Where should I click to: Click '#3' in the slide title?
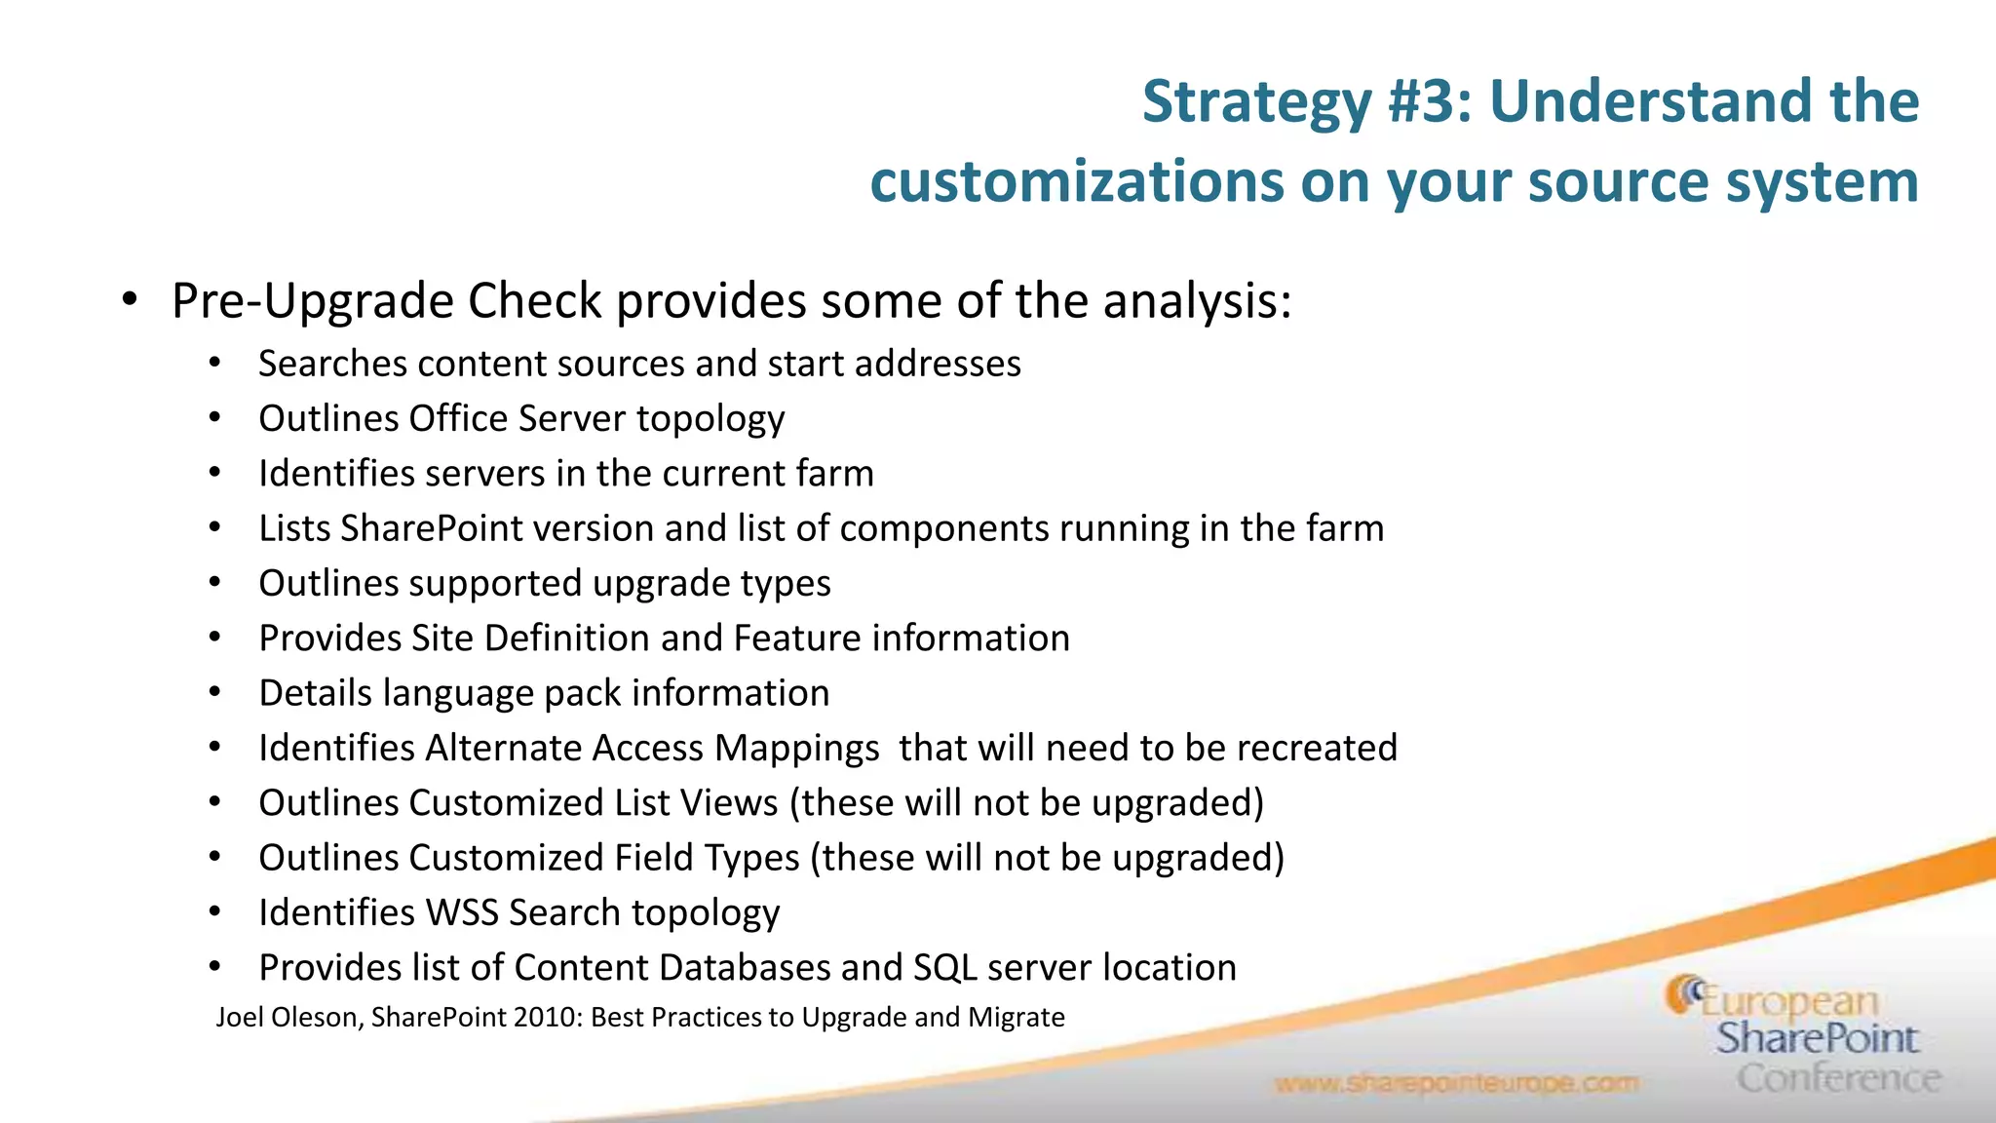click(x=1427, y=100)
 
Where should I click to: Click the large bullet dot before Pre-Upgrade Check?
click(x=130, y=300)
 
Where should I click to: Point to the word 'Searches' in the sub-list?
click(x=332, y=364)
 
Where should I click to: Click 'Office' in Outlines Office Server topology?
click(x=458, y=419)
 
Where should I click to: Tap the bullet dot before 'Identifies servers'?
click(x=215, y=474)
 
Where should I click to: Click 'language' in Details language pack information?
click(x=457, y=694)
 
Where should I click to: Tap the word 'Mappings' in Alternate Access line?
click(x=796, y=749)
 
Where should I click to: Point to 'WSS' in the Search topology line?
click(x=462, y=913)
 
